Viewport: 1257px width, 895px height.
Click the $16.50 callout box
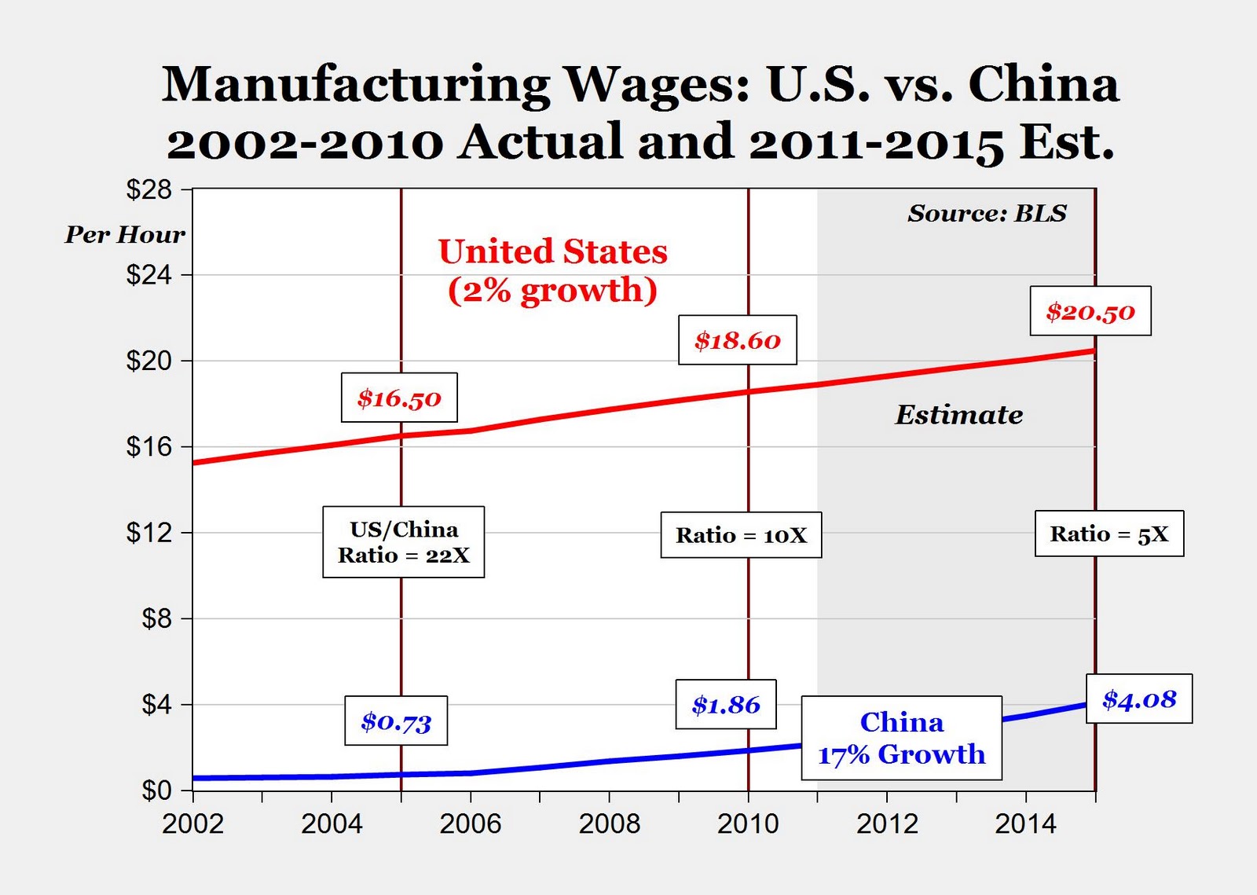[x=399, y=398]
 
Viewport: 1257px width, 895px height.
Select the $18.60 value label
[x=737, y=340]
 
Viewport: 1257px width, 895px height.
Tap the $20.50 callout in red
[x=1090, y=311]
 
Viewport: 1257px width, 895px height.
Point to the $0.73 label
[x=396, y=721]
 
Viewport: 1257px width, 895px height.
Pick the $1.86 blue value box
[x=726, y=704]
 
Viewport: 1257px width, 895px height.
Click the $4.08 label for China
[x=1139, y=699]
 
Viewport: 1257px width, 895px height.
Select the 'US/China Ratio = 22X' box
[x=403, y=542]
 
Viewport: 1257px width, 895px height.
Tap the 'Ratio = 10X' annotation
[x=741, y=535]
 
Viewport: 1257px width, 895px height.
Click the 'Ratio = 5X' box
[x=1109, y=534]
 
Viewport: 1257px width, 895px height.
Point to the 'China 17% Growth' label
[x=901, y=738]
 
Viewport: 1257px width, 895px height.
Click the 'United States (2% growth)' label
[x=552, y=270]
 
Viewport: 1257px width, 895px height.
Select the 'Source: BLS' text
[x=987, y=213]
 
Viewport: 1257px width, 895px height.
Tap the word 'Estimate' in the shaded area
[x=958, y=414]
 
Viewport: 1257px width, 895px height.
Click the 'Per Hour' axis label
[x=124, y=234]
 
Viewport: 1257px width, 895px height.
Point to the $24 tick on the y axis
[x=148, y=275]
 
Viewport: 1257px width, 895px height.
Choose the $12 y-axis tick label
[x=148, y=533]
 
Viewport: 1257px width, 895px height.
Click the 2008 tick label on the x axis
[x=609, y=823]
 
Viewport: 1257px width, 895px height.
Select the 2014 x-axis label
[x=1025, y=823]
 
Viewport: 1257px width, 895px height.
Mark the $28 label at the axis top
[x=148, y=189]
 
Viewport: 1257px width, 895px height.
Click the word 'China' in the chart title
[x=1043, y=83]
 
